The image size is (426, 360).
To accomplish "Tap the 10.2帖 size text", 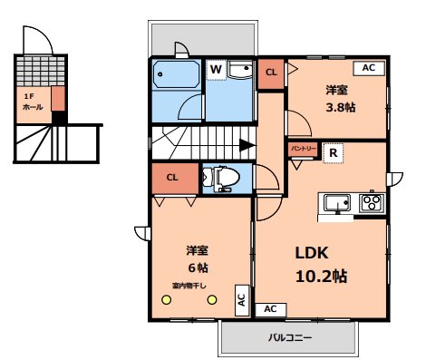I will point(319,277).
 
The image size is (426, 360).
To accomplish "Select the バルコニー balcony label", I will point(289,338).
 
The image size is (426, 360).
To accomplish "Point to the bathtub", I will point(176,73).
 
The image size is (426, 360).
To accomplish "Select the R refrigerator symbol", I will point(334,153).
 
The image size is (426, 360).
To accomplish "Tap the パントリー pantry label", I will point(303,147).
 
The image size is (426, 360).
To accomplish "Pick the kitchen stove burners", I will point(371,202).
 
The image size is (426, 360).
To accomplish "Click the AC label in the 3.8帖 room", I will point(368,68).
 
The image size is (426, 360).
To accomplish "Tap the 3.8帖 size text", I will point(341,107).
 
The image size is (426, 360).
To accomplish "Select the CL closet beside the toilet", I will point(171,177).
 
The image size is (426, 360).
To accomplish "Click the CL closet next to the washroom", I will point(271,73).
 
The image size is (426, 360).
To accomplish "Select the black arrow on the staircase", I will point(246,144).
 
